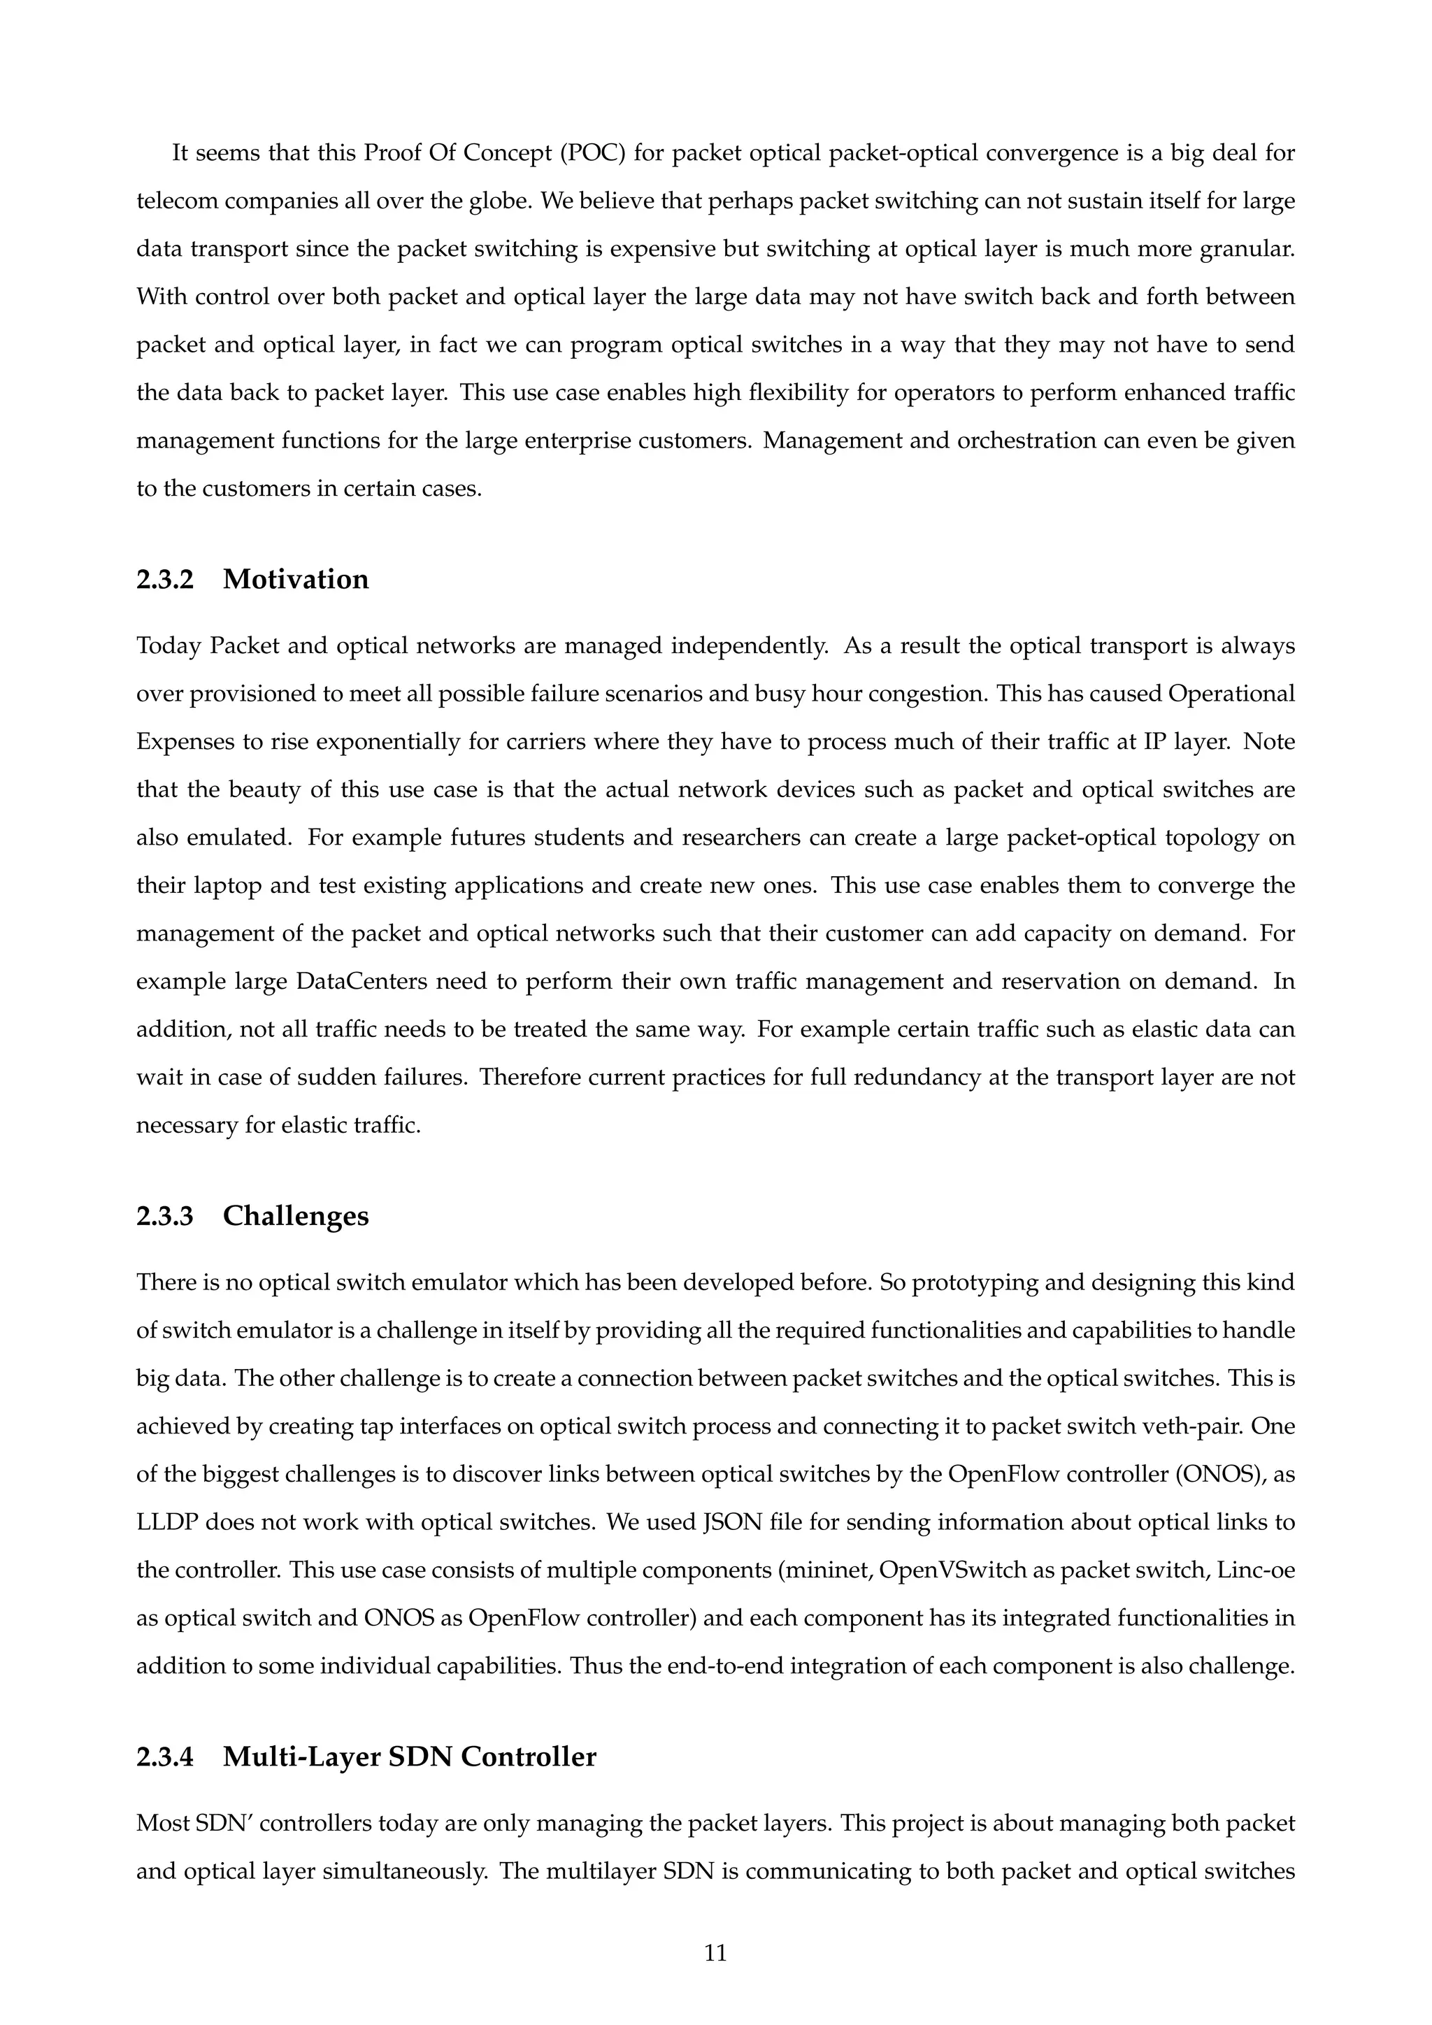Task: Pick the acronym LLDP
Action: click(x=169, y=1522)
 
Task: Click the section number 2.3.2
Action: click(x=165, y=580)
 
